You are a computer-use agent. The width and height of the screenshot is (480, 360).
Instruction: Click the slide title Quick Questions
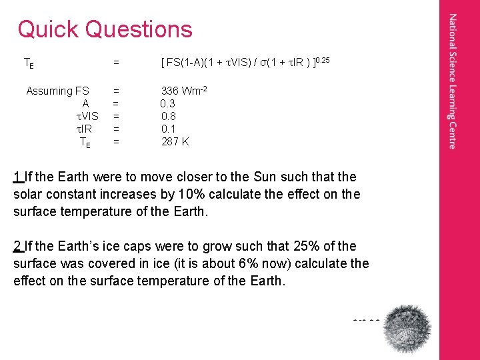[x=105, y=29]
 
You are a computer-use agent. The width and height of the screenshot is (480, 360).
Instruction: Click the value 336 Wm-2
[x=179, y=91]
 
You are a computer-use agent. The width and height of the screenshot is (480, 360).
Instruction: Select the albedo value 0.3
[x=167, y=103]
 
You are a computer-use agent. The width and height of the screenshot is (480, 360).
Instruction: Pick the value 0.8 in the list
[x=167, y=116]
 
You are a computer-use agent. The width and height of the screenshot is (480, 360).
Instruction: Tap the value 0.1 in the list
[x=167, y=129]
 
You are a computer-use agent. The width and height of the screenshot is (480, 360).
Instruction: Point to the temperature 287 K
[x=175, y=141]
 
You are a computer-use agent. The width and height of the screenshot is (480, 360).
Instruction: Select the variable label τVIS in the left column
[x=87, y=116]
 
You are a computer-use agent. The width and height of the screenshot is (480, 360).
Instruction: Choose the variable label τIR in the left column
[x=85, y=129]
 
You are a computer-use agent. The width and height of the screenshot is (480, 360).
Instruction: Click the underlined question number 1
[x=17, y=177]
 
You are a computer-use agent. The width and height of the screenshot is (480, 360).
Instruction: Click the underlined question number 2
[x=17, y=247]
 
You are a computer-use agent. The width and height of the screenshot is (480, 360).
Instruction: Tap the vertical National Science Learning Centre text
[x=453, y=81]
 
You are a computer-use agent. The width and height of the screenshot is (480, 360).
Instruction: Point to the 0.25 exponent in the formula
[x=321, y=61]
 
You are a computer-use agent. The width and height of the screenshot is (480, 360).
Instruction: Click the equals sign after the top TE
[x=116, y=63]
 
